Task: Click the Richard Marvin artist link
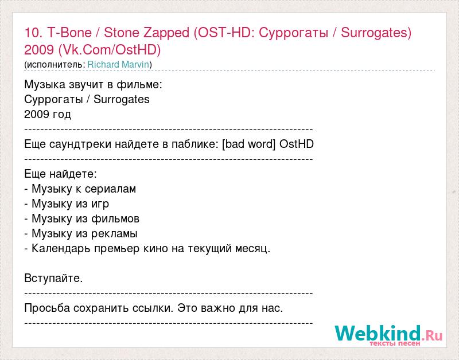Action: [119, 64]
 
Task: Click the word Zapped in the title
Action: [166, 33]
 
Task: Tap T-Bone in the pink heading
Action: [69, 32]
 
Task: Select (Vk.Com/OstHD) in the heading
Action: [110, 50]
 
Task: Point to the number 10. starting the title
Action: [33, 32]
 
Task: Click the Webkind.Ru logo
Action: [388, 334]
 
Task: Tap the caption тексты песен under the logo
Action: [395, 343]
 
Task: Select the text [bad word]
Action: [249, 144]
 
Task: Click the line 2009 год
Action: [48, 114]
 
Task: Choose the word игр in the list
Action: [100, 204]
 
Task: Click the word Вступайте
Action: [53, 278]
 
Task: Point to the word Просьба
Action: [47, 308]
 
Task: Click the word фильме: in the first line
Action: [139, 84]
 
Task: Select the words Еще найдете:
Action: [61, 174]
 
